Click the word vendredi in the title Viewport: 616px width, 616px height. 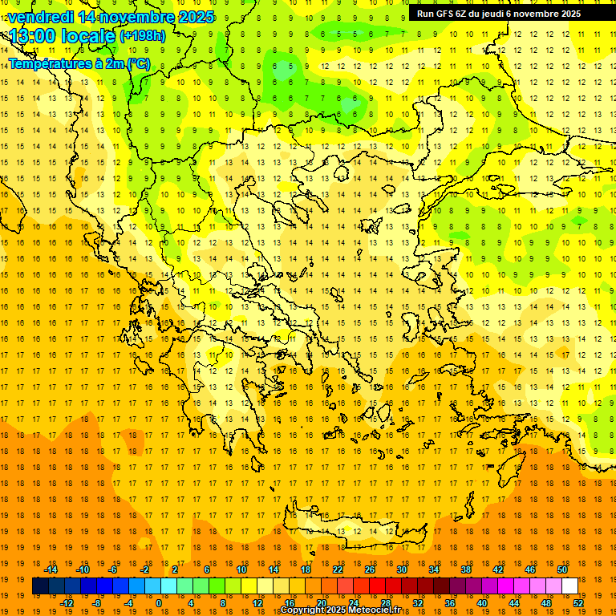(x=40, y=17)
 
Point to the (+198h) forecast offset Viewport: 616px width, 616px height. (x=143, y=36)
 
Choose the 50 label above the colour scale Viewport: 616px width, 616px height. (x=562, y=569)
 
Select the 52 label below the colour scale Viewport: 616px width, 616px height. (x=578, y=603)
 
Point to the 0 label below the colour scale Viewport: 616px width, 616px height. (x=159, y=603)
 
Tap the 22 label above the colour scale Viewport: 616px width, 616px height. (x=338, y=569)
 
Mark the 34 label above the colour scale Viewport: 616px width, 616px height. (x=434, y=569)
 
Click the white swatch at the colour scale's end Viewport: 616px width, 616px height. (x=569, y=586)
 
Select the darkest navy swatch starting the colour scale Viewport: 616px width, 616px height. (x=40, y=586)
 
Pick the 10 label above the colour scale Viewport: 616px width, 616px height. (x=241, y=569)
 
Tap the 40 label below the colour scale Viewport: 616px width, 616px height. (x=482, y=603)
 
